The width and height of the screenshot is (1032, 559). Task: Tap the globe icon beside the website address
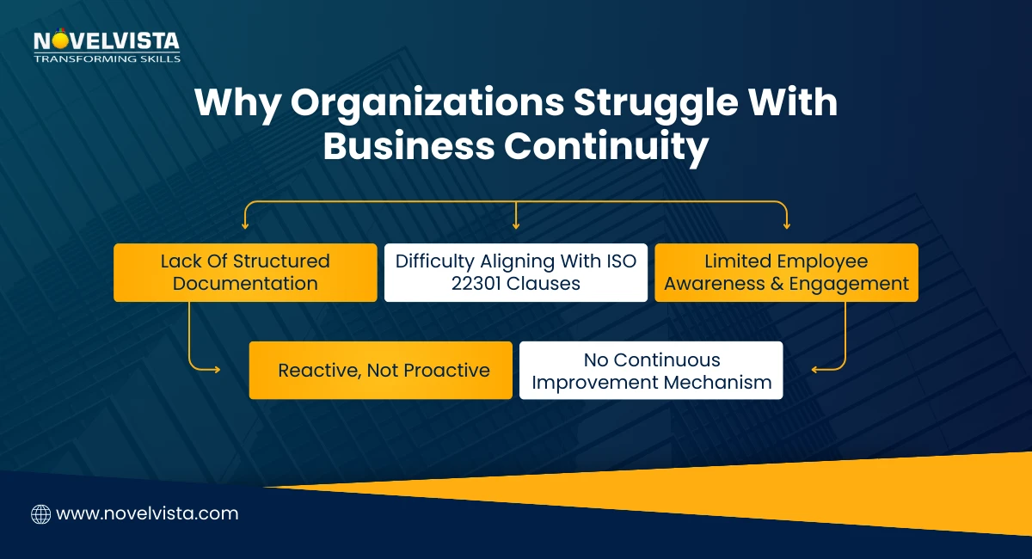click(40, 514)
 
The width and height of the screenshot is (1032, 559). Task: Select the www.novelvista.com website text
click(147, 514)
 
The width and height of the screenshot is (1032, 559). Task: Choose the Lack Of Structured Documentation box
click(245, 273)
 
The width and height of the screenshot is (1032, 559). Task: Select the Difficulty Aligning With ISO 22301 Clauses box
click(516, 273)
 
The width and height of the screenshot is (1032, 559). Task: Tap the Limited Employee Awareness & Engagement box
click(786, 273)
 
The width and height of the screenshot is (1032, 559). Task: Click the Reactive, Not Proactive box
click(381, 371)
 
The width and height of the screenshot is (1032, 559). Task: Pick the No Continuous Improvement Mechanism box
click(651, 371)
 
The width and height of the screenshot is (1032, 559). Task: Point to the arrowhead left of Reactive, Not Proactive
click(216, 371)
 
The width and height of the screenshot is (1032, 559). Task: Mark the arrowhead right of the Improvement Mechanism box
click(815, 371)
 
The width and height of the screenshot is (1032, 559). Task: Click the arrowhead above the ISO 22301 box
click(516, 226)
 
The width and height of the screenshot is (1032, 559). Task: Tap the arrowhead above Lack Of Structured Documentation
click(245, 226)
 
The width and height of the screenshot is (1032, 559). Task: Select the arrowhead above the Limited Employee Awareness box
click(786, 226)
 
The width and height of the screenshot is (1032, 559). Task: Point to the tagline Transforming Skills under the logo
click(107, 59)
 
